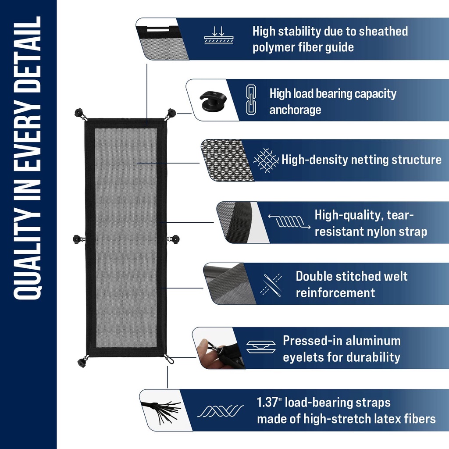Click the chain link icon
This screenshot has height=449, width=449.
click(251, 100)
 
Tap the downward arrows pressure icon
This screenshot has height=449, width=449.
click(219, 35)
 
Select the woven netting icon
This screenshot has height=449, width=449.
click(265, 160)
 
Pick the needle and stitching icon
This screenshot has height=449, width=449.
click(271, 285)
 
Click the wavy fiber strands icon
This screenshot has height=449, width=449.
click(220, 411)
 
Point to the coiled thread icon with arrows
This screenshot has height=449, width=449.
click(289, 221)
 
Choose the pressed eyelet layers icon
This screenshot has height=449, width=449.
click(261, 347)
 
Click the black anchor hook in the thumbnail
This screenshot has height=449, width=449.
click(213, 101)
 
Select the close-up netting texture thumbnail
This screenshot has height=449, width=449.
click(227, 160)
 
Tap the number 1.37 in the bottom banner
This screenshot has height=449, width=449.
click(267, 403)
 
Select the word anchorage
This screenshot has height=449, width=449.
click(295, 110)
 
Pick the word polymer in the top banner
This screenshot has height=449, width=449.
click(273, 47)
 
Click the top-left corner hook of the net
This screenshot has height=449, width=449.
click(80, 114)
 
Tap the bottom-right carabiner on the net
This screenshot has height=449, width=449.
click(169, 359)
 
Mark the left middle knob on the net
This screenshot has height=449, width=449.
click(78, 239)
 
